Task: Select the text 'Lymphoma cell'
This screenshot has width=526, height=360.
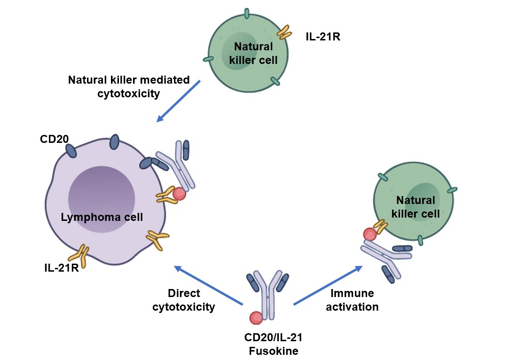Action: coord(102,217)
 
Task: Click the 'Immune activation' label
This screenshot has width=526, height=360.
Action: coord(354,300)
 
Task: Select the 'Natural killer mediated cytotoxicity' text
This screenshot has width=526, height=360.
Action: coord(129,86)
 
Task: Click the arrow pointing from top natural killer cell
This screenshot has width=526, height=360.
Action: coord(179,101)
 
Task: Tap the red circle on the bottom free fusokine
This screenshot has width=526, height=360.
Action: coord(256,318)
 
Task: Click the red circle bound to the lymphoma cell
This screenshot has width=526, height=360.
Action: coord(179,194)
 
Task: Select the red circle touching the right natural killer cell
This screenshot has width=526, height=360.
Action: coord(369,233)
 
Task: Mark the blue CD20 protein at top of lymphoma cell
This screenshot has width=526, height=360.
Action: coord(114,141)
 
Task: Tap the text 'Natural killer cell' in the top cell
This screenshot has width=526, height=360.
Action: coord(253,53)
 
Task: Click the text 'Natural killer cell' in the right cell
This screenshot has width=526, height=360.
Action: coord(417,207)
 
